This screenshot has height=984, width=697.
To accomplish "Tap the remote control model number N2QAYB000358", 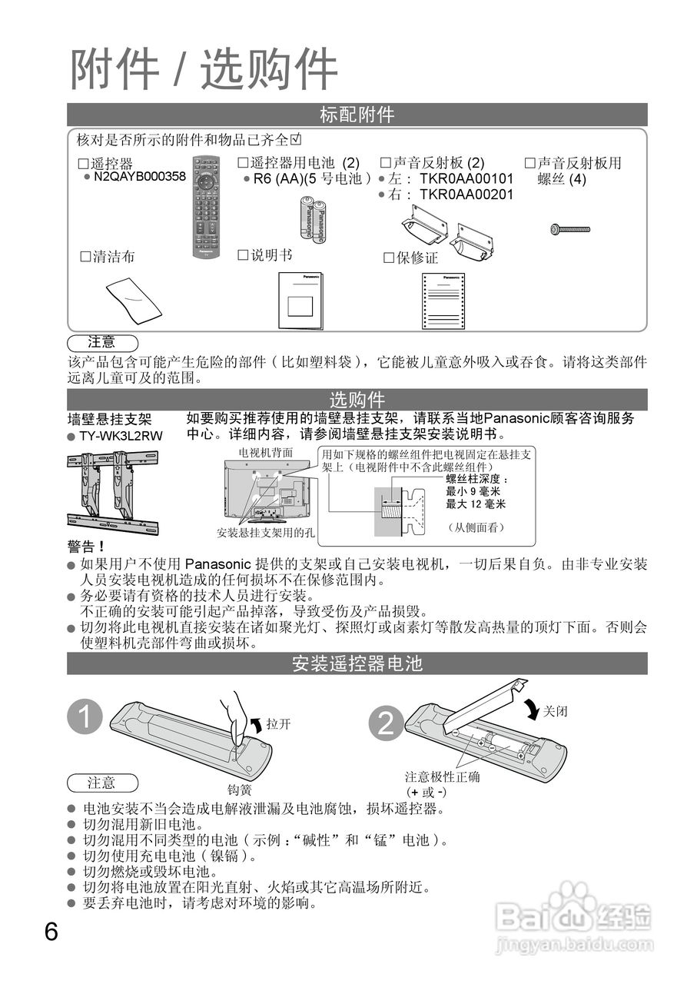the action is pyautogui.click(x=139, y=177).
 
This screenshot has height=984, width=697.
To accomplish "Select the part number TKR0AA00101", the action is pyautogui.click(x=466, y=179).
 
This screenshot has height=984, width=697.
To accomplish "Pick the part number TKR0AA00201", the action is pyautogui.click(x=466, y=194).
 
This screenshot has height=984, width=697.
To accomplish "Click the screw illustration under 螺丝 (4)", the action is pyautogui.click(x=570, y=229).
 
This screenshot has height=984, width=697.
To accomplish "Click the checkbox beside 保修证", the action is pyautogui.click(x=389, y=258).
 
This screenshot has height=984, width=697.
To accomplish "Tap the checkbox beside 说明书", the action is pyautogui.click(x=244, y=254).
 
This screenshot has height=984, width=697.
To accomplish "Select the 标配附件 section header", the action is pyautogui.click(x=357, y=115).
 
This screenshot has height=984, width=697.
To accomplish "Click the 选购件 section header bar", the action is pyautogui.click(x=357, y=400).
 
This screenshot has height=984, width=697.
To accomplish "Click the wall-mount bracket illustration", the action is pyautogui.click(x=112, y=493).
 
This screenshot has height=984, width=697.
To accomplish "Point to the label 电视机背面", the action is pyautogui.click(x=266, y=453).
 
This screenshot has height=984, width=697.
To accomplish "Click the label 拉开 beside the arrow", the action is pyautogui.click(x=278, y=724).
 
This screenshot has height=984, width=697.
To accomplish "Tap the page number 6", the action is pyautogui.click(x=51, y=932).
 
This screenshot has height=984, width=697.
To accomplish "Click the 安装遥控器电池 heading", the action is pyautogui.click(x=357, y=663).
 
